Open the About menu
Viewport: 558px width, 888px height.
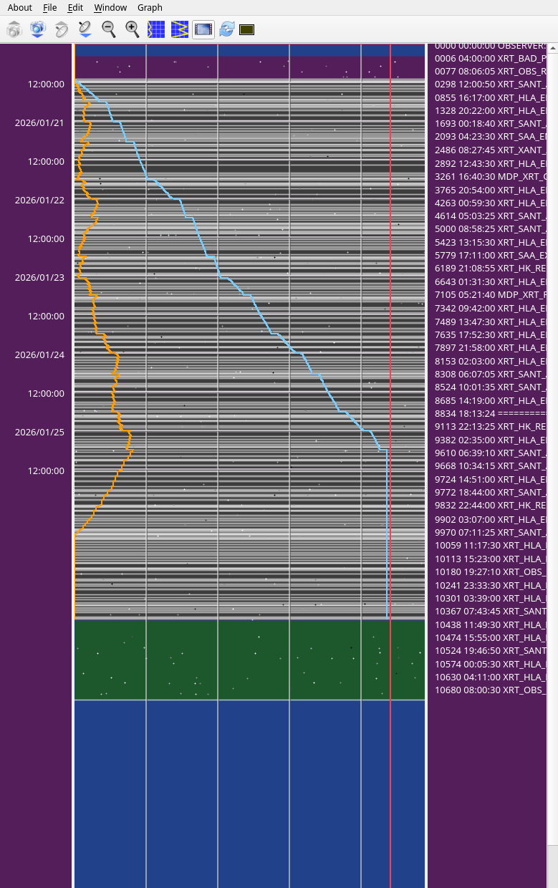[x=19, y=8]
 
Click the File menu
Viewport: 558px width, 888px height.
[x=49, y=8]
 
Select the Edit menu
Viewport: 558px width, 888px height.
[x=75, y=8]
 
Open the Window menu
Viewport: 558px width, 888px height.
[x=110, y=8]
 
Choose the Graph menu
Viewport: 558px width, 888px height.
[x=150, y=8]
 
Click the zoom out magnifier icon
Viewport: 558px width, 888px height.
[x=109, y=29]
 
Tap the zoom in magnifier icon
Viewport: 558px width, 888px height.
[x=133, y=29]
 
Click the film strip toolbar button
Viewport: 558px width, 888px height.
[x=203, y=29]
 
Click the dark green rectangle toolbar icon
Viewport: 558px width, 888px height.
[x=247, y=29]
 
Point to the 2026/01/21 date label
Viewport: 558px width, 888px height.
[x=39, y=122]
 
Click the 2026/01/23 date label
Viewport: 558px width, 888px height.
[x=39, y=277]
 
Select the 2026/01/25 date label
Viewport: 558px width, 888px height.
[x=39, y=432]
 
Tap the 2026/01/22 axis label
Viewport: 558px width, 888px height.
[x=39, y=200]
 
